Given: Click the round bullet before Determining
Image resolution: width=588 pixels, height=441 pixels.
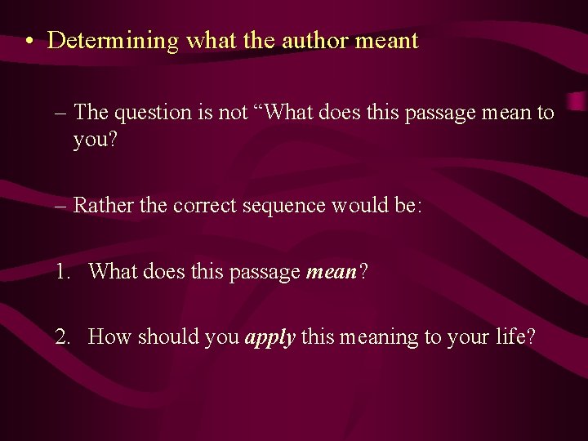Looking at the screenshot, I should coord(29,42).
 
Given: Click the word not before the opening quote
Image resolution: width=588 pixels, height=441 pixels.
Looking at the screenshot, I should coord(233,114).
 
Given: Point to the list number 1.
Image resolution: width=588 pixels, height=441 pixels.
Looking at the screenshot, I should coord(63,271).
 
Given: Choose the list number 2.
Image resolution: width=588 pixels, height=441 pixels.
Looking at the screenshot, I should coord(63,336).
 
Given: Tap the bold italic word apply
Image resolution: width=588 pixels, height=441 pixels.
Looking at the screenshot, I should coord(269,337).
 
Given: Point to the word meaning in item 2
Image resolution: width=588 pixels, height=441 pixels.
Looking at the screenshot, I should coord(376,337).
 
